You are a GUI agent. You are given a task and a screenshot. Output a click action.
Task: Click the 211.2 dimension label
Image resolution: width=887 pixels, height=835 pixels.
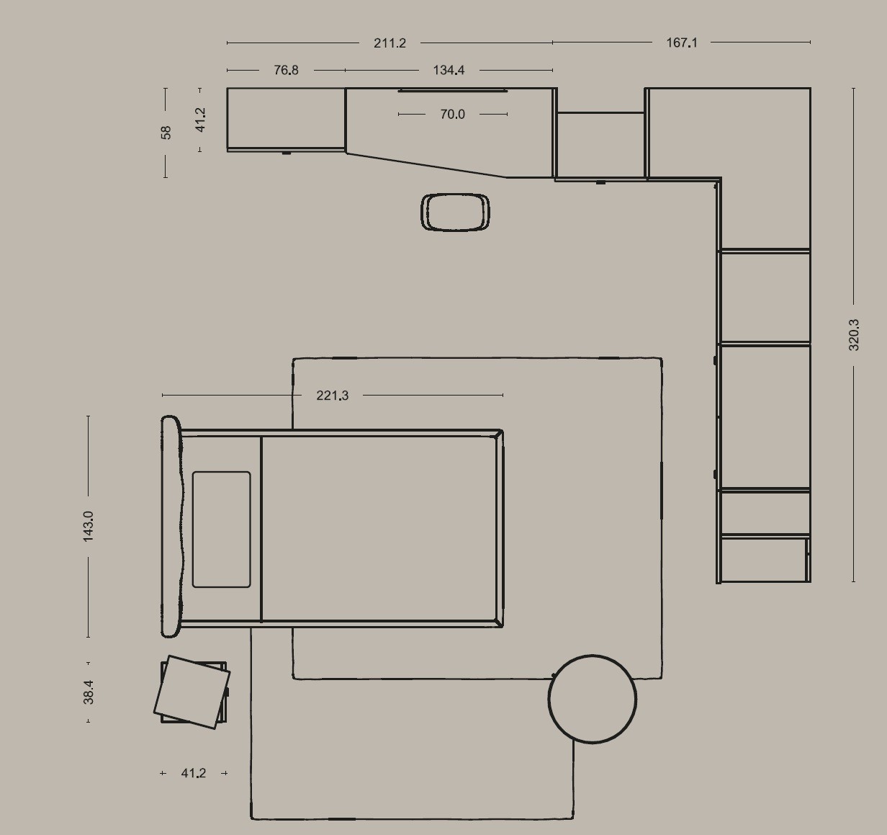click(390, 43)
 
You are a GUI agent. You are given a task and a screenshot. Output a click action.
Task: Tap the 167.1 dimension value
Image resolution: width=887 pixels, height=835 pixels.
click(682, 43)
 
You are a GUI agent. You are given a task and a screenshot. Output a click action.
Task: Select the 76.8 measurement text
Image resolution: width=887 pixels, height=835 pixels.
click(287, 70)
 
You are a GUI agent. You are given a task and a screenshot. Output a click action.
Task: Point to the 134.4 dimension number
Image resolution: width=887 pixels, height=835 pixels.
click(449, 70)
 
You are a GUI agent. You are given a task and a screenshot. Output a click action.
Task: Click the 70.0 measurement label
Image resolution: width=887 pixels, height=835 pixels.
click(452, 115)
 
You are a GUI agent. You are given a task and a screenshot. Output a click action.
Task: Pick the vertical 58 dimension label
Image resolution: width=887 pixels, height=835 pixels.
click(166, 133)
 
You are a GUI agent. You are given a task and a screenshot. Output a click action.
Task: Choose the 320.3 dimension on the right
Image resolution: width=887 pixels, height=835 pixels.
click(853, 335)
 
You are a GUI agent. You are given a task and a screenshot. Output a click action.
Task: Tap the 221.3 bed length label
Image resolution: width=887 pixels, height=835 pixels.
click(333, 396)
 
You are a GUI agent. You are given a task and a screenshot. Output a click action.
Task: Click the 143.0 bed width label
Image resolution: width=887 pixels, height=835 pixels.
click(89, 527)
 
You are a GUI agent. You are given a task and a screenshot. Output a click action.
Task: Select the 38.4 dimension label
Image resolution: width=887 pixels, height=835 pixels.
click(89, 692)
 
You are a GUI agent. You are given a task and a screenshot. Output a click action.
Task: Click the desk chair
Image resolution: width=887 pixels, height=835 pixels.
click(455, 213)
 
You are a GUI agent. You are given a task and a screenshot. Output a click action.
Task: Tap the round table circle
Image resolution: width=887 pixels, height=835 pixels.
click(593, 700)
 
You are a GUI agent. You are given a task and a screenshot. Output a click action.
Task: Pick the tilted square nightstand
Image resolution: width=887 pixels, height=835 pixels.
click(192, 692)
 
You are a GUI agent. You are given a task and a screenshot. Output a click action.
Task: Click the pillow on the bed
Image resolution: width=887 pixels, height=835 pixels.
click(221, 530)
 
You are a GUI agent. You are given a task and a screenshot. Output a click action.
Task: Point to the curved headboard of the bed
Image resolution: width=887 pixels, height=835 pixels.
click(171, 527)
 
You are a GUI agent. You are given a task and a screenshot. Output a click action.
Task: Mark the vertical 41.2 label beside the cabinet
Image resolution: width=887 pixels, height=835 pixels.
click(201, 120)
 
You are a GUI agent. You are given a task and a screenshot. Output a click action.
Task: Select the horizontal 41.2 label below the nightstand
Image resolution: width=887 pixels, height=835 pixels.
click(194, 773)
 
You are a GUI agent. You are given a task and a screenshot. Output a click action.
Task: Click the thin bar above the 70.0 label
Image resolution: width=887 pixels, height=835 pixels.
click(452, 91)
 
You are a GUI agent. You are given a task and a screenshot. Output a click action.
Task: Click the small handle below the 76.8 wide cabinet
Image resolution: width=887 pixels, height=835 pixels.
click(287, 153)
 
